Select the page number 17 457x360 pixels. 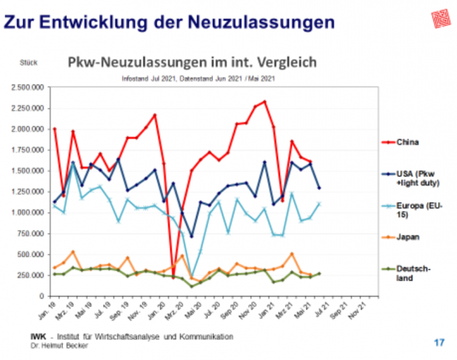[x=439, y=342]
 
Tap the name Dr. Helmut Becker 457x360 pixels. [x=60, y=345]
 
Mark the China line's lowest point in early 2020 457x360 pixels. [x=174, y=277]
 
